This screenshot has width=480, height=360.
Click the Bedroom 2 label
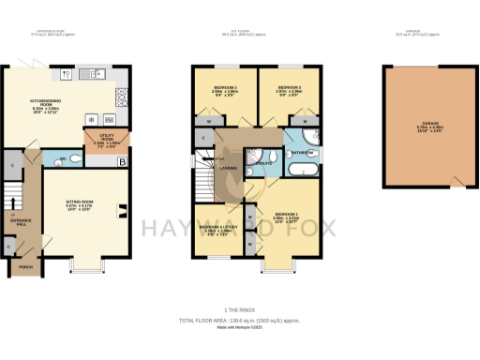coord(223,90)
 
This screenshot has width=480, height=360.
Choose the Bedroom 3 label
coord(290,90)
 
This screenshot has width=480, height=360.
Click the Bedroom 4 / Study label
coord(217,229)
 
